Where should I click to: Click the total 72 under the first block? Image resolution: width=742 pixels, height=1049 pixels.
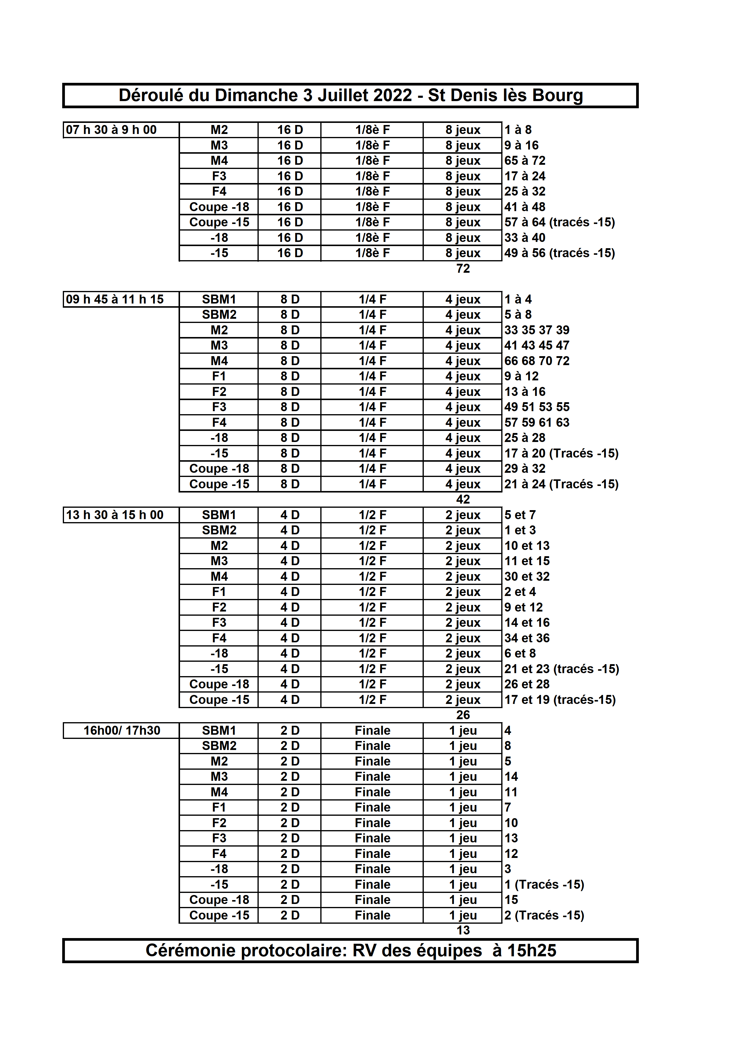point(463,269)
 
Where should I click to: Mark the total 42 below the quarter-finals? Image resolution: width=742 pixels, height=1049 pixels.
point(463,499)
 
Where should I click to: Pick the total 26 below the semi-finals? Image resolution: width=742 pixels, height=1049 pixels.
point(463,715)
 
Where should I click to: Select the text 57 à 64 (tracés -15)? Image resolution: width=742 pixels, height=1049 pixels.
point(560,222)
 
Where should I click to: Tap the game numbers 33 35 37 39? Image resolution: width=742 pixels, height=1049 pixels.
point(537,330)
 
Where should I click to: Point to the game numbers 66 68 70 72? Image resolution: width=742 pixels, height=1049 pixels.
point(537,361)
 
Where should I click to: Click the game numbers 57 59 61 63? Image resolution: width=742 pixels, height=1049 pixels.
point(537,423)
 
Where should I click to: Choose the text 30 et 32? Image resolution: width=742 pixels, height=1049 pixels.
point(527,577)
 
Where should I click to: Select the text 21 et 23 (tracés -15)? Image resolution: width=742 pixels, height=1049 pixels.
point(562,669)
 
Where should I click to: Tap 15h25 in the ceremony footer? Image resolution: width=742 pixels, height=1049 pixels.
point(532,951)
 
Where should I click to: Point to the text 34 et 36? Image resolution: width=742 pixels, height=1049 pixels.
point(527,638)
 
